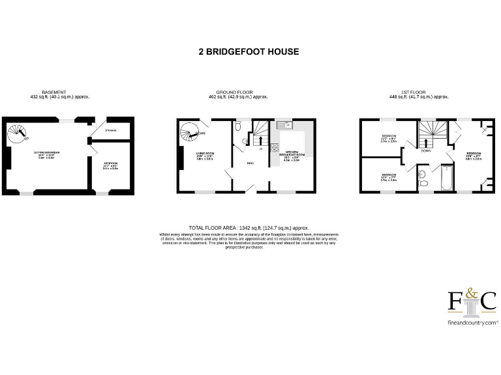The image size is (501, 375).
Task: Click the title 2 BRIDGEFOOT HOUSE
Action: tap(249, 51)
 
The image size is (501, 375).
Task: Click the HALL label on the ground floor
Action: tap(250, 163)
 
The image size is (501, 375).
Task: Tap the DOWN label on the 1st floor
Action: tap(426, 150)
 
